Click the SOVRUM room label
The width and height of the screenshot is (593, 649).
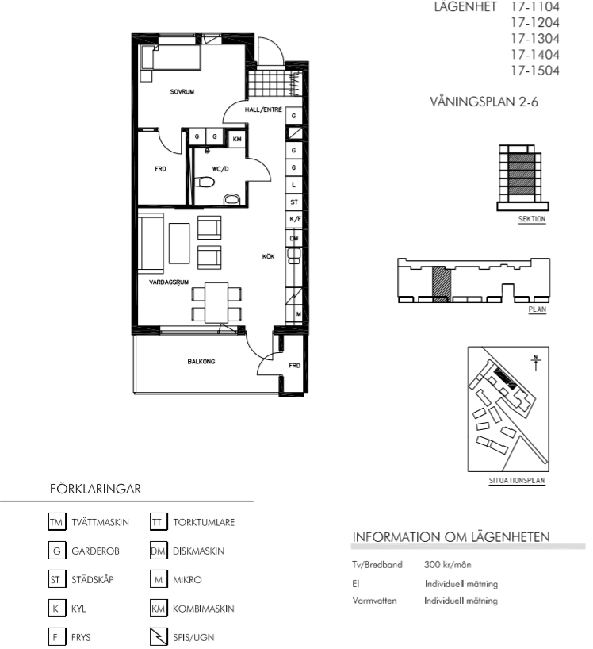click(x=182, y=91)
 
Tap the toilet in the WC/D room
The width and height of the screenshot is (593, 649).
click(x=205, y=182)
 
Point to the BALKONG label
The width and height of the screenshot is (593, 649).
click(x=201, y=361)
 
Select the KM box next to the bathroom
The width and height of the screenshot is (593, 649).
click(x=237, y=139)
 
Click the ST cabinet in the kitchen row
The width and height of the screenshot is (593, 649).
click(x=294, y=202)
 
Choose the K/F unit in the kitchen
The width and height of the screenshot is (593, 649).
click(x=295, y=219)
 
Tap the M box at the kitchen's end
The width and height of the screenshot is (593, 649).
click(x=299, y=314)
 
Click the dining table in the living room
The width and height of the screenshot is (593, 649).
click(x=216, y=302)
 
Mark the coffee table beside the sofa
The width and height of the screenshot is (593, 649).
click(x=179, y=244)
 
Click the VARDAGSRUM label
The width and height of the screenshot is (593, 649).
click(x=169, y=282)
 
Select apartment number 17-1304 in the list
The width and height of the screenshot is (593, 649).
click(x=535, y=39)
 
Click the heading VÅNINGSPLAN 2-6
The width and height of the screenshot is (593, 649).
click(x=484, y=102)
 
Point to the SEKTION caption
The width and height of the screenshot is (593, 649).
click(x=532, y=219)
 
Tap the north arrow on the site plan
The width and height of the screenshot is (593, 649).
click(x=536, y=363)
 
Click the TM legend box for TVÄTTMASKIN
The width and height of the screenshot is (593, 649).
click(x=57, y=522)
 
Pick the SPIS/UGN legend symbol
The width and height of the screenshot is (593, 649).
click(x=159, y=637)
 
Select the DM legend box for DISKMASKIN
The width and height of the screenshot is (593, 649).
click(x=159, y=551)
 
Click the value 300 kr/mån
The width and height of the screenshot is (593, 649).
click(x=447, y=564)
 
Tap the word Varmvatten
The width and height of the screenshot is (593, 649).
click(x=374, y=600)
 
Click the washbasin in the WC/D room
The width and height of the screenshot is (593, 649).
click(x=232, y=200)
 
